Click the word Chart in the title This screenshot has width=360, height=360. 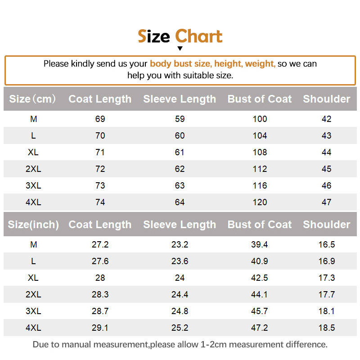pyautogui.click(x=198, y=36)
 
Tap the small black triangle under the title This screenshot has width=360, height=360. pyautogui.click(x=180, y=49)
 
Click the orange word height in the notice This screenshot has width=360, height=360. pyautogui.click(x=228, y=63)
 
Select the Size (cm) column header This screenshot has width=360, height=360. pyautogui.click(x=32, y=99)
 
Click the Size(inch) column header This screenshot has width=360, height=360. pyautogui.click(x=33, y=225)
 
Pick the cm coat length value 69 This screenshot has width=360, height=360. pyautogui.click(x=100, y=119)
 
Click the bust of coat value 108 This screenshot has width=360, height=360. pyautogui.click(x=260, y=152)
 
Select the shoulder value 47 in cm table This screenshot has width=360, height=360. pyautogui.click(x=327, y=202)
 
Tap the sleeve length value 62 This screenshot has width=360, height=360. pyautogui.click(x=180, y=169)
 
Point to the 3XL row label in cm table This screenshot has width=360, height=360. pyautogui.click(x=33, y=185)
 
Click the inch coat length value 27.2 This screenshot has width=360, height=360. pyautogui.click(x=100, y=244)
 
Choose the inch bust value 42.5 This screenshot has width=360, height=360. pyautogui.click(x=260, y=278)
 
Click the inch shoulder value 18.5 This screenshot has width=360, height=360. pyautogui.click(x=327, y=328)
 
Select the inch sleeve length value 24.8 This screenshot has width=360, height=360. pyautogui.click(x=180, y=311)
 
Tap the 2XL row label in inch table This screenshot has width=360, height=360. pyautogui.click(x=33, y=294)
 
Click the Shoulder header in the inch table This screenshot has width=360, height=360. pyautogui.click(x=327, y=225)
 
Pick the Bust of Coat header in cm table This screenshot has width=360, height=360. pyautogui.click(x=260, y=99)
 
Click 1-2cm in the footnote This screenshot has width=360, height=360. pyautogui.click(x=213, y=344)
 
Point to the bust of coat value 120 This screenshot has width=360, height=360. pyautogui.click(x=260, y=202)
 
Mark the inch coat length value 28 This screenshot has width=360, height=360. pyautogui.click(x=100, y=278)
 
